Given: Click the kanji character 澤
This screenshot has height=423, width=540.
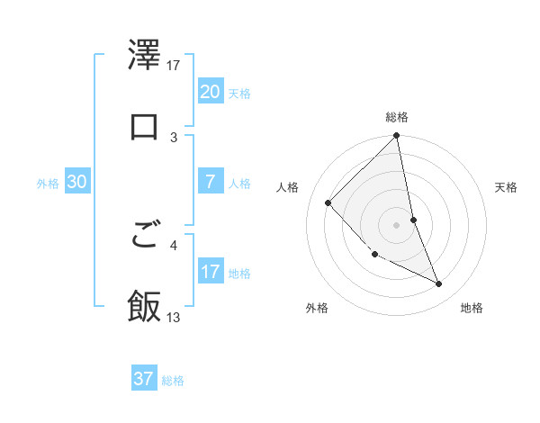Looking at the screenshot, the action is click(145, 57).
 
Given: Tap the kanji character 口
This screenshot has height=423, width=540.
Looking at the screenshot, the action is click(145, 127).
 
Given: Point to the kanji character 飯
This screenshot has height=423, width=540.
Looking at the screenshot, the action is click(145, 306).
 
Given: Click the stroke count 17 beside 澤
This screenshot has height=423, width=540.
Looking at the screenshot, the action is click(175, 66).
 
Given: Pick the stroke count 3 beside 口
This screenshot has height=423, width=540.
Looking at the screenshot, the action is click(175, 137).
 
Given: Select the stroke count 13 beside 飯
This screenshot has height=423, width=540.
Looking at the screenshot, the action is click(175, 317).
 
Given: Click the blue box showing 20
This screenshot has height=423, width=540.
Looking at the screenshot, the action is click(210, 92).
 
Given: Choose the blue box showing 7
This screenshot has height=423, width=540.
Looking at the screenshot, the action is click(210, 182).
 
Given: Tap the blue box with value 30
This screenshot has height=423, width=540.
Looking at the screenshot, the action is click(77, 182).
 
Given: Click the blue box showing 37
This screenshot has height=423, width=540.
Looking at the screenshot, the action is click(144, 379).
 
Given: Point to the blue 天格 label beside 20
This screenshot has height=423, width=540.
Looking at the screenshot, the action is click(239, 94).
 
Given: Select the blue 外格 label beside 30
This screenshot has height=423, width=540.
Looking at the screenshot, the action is click(48, 184).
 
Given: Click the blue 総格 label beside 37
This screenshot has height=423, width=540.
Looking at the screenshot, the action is click(173, 381).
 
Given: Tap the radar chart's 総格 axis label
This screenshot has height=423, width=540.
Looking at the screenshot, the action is click(397, 117).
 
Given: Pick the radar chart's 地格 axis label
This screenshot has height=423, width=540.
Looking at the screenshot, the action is click(472, 308).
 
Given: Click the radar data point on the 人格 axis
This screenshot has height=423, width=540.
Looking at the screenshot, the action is click(328, 202).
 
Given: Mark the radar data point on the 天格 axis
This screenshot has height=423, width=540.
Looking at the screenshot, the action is click(413, 220).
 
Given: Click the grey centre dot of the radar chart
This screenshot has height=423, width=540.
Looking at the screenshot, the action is click(397, 225).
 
